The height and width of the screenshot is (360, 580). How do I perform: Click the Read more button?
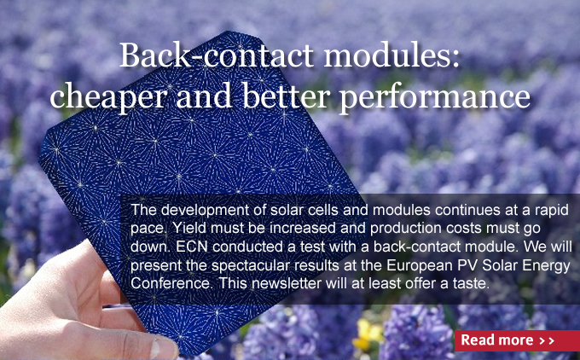click(x=517, y=340)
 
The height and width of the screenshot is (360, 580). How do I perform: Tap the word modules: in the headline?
click(x=391, y=55)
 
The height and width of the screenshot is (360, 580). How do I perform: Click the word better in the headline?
click(x=286, y=96)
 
